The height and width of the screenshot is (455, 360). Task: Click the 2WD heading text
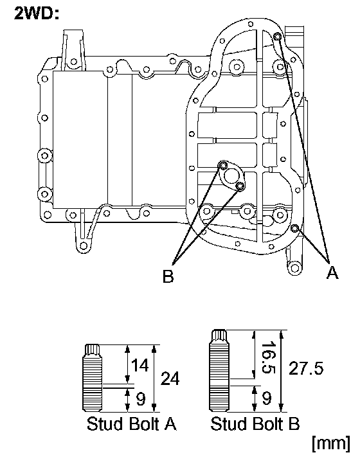37,13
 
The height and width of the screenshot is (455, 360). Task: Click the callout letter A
332,272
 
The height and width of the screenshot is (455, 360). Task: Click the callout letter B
168,276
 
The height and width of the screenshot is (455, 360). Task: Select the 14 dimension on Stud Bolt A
140,365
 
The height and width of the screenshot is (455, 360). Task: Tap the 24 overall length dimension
170,378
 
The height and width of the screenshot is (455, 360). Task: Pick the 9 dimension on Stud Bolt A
141,399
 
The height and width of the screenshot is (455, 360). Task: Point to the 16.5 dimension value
268,357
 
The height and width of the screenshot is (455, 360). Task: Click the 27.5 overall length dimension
306,368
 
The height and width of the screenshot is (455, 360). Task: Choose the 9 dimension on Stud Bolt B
267,398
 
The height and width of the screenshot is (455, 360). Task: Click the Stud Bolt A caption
132,424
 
